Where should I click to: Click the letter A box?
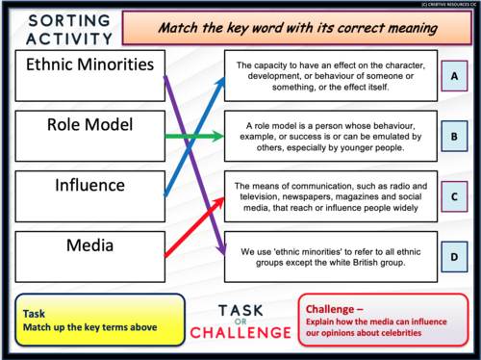[x=454, y=75]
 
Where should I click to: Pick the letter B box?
[x=454, y=136]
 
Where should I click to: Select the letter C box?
[x=454, y=196]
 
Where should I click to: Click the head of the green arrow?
[x=218, y=136]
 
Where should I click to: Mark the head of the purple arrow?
[x=219, y=247]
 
